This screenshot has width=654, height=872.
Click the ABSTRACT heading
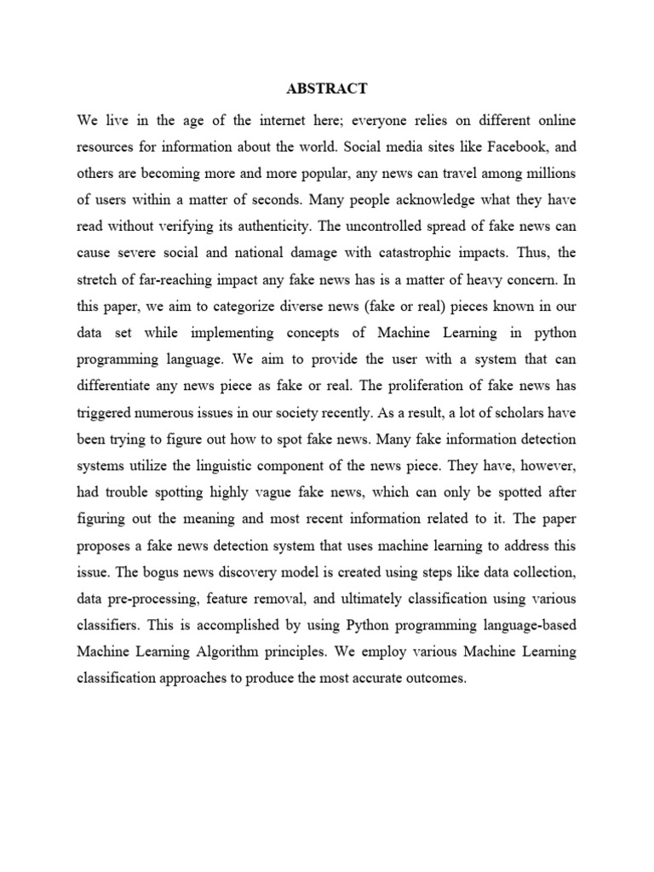click(x=327, y=88)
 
